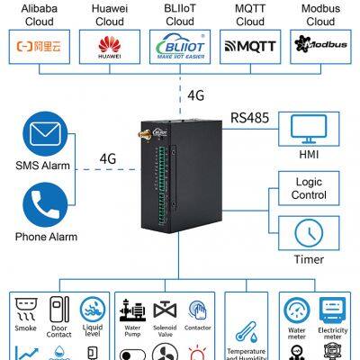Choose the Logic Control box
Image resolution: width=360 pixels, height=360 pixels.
click(307, 189)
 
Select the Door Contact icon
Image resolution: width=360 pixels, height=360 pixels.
click(59, 310)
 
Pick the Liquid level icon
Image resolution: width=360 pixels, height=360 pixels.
click(92, 310)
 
